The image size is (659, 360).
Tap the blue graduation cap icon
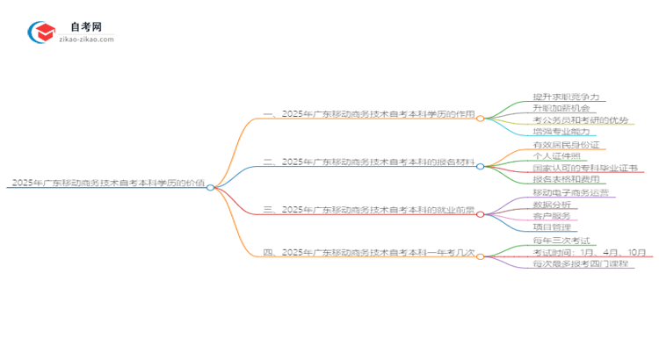pyautogui.click(x=42, y=32)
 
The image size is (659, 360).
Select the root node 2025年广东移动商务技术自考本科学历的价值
pyautogui.click(x=108, y=184)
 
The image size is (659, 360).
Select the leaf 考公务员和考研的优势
pyautogui.click(x=580, y=119)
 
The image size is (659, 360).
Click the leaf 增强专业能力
pyautogui.click(x=567, y=131)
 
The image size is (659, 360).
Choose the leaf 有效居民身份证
pyautogui.click(x=571, y=145)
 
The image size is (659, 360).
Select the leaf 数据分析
pyautogui.click(x=551, y=204)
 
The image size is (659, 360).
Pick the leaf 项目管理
pyautogui.click(x=551, y=227)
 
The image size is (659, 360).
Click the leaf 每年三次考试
pyautogui.click(x=564, y=241)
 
